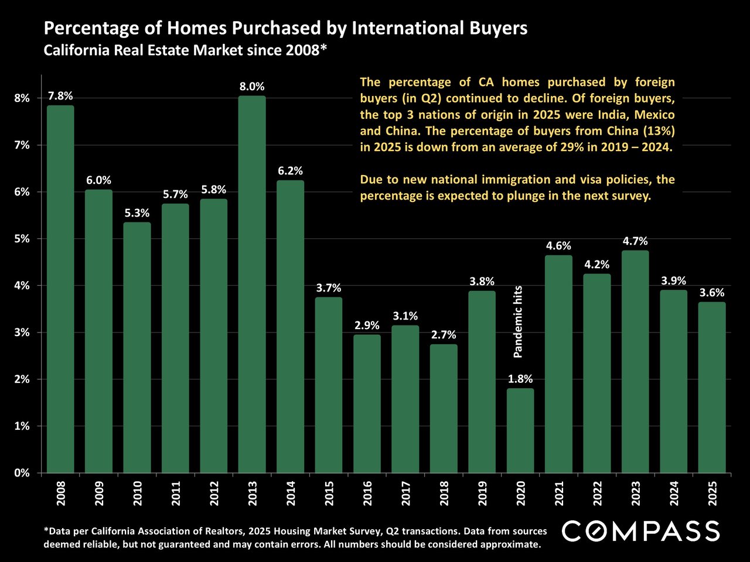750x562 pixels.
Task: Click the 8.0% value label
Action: [x=252, y=87]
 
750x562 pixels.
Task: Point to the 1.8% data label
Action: [x=520, y=379]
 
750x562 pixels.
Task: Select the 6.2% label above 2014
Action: [x=290, y=171]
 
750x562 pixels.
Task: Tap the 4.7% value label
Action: [x=635, y=241]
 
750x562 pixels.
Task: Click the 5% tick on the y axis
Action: [x=22, y=239]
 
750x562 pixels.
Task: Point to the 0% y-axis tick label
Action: [x=22, y=473]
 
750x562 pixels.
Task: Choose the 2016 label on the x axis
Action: [x=367, y=494]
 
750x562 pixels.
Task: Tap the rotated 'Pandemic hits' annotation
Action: [x=518, y=321]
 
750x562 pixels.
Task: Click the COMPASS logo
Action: [x=640, y=531]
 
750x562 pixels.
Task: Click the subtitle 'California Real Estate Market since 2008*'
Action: [x=185, y=50]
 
